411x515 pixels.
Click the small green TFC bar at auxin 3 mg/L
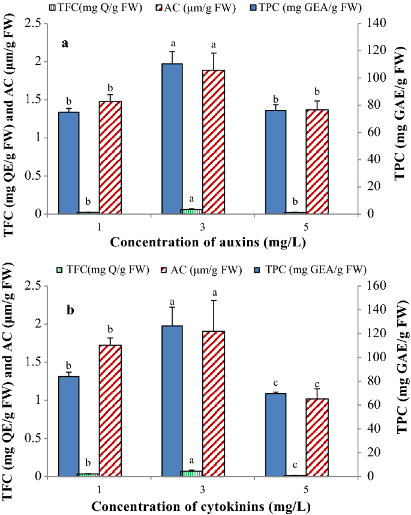point(193,211)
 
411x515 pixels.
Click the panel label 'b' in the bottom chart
point(70,311)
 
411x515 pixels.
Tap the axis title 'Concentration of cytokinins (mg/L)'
point(200,505)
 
